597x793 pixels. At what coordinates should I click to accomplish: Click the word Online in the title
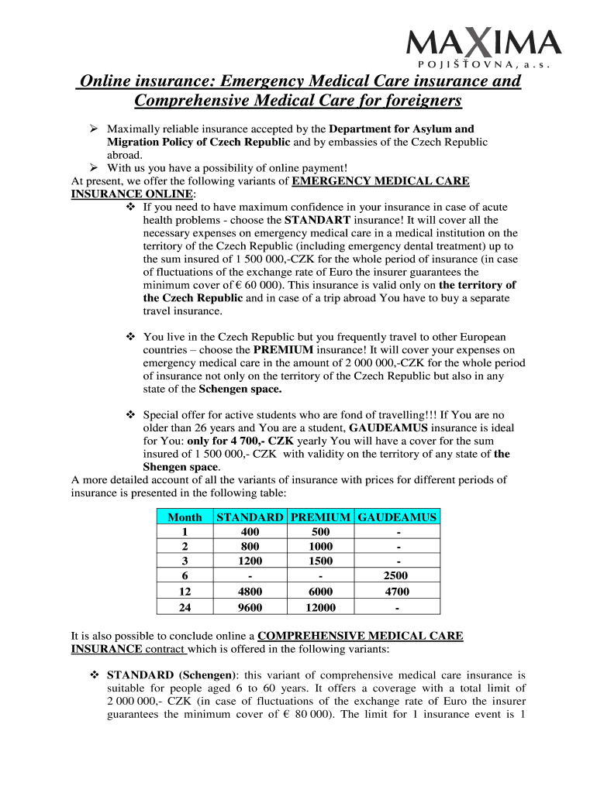coord(106,81)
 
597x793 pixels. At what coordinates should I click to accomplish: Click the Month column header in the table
coord(185,517)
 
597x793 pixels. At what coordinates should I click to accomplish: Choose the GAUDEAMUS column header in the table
coord(397,517)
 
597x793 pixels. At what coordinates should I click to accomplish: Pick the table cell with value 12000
coord(320,608)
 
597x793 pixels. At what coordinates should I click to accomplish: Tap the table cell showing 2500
coord(397,576)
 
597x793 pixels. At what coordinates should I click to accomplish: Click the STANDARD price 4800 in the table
coord(250,592)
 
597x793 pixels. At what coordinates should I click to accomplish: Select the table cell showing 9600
coord(250,608)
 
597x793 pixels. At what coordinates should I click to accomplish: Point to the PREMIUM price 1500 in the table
coord(320,561)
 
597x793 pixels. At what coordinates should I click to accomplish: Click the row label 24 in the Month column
coord(185,608)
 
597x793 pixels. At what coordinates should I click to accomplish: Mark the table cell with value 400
coord(250,532)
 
